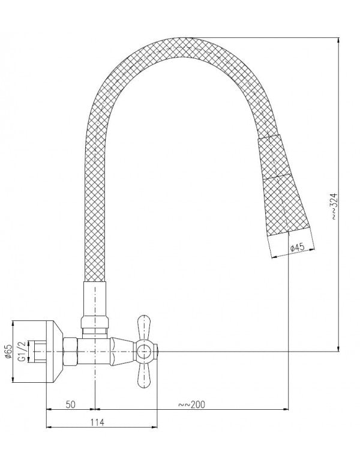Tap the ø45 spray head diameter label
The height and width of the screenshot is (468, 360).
(298, 247)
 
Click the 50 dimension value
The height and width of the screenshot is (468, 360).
(70, 406)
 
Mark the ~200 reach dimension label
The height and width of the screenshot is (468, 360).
(192, 406)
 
